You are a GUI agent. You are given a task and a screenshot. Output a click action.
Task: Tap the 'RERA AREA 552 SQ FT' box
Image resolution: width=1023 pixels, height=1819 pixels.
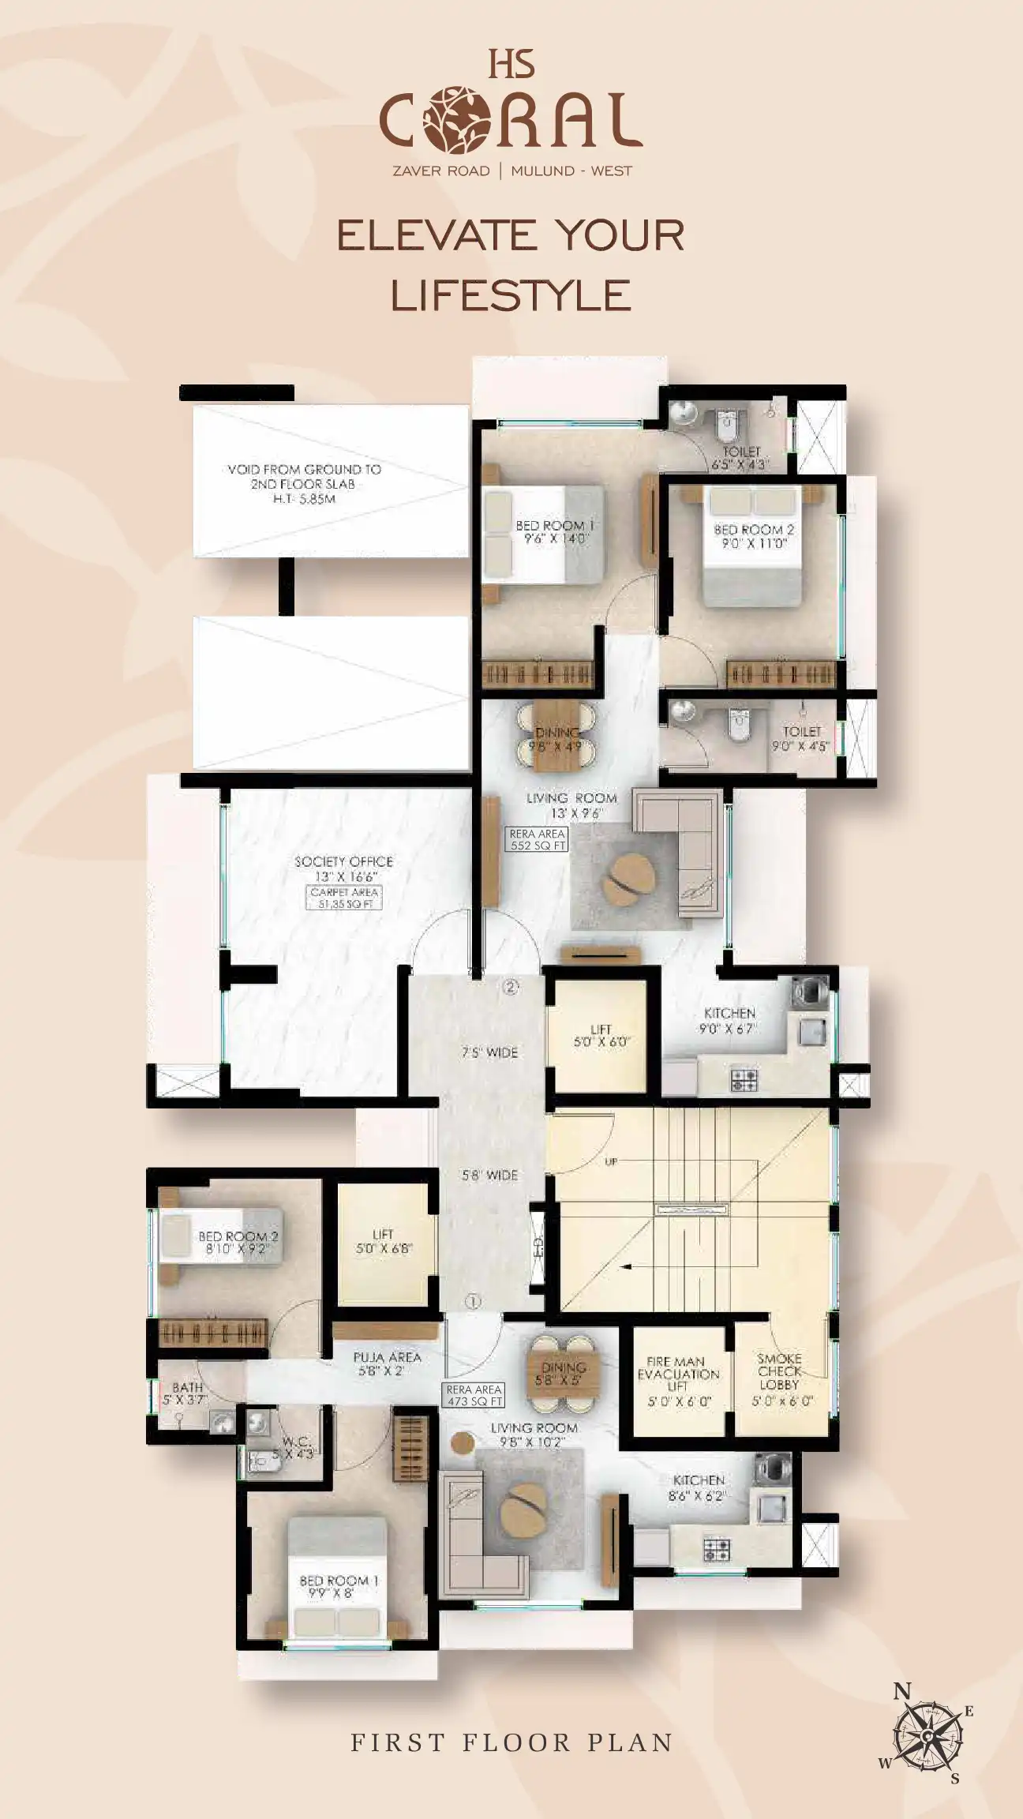538,839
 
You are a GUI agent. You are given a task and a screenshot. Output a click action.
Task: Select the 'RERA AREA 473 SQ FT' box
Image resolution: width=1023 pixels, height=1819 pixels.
474,1396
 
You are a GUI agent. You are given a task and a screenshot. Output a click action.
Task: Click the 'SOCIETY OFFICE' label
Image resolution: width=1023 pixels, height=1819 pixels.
343,861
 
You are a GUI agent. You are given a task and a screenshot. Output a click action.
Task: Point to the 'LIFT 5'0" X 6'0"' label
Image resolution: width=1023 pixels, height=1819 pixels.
601,1036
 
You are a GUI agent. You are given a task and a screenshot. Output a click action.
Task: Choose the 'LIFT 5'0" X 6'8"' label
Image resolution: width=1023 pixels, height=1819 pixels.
383,1241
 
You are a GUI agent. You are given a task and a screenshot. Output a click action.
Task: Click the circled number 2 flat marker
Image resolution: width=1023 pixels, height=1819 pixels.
511,986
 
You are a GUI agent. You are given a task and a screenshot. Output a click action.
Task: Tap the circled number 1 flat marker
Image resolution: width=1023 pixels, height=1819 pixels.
473,1302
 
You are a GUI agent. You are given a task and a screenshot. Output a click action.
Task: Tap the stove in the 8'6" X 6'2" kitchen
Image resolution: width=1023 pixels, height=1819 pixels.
717,1550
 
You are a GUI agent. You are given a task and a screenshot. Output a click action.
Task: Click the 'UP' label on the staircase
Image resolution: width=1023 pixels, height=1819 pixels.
611,1161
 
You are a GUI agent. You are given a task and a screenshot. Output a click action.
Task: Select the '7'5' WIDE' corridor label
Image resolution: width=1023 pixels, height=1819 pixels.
490,1052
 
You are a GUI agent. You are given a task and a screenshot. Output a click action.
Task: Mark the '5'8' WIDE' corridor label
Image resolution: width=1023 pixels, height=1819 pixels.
490,1175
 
